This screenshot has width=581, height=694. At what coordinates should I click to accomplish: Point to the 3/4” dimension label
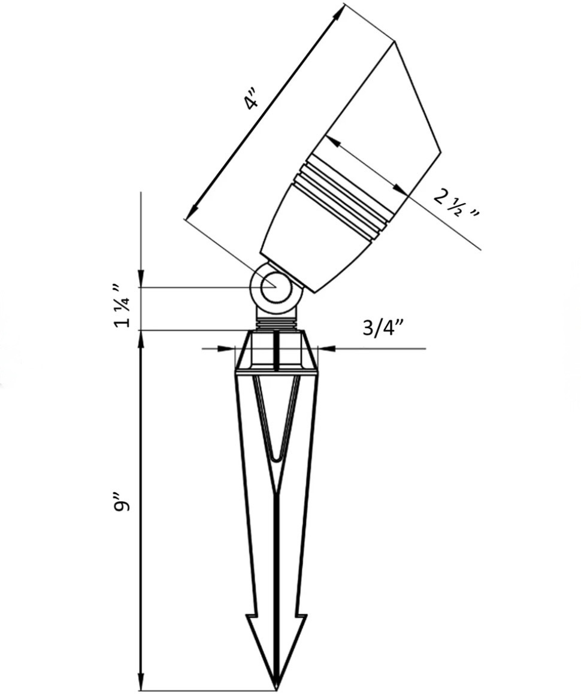pyautogui.click(x=383, y=328)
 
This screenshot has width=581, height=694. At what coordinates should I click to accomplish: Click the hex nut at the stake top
pyautogui.click(x=276, y=350)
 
